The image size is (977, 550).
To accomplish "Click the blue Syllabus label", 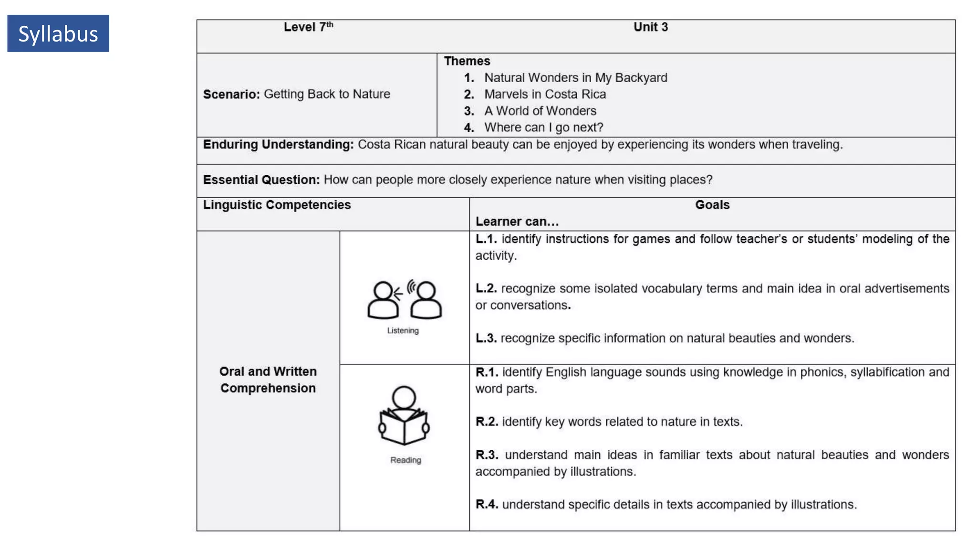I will pyautogui.click(x=58, y=33).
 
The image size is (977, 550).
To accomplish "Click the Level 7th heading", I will pyautogui.click(x=308, y=27).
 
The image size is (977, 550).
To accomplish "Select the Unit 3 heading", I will pyautogui.click(x=650, y=27).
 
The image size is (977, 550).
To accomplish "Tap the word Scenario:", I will pyautogui.click(x=231, y=94).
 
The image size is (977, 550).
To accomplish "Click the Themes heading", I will pyautogui.click(x=467, y=61).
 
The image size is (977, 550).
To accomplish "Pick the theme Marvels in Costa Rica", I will pyautogui.click(x=545, y=94).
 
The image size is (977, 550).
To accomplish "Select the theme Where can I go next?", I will pyautogui.click(x=543, y=127).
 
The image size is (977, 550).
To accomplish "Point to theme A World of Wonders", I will pyautogui.click(x=540, y=111).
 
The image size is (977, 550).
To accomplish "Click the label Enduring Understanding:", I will pyautogui.click(x=278, y=145).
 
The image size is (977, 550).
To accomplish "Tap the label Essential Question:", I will pyautogui.click(x=261, y=180).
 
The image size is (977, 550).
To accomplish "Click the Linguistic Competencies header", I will pyautogui.click(x=277, y=205).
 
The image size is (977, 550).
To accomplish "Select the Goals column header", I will pyautogui.click(x=712, y=205).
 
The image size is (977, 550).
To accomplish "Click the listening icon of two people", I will pyautogui.click(x=405, y=299).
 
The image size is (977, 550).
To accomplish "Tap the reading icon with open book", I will pyautogui.click(x=404, y=415).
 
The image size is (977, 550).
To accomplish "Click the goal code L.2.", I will pyautogui.click(x=486, y=288).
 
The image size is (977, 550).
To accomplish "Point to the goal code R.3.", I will pyautogui.click(x=487, y=455).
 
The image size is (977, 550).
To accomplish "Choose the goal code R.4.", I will pyautogui.click(x=487, y=505).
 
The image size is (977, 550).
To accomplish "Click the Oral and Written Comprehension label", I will pyautogui.click(x=268, y=380).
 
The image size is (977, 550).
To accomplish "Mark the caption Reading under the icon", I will pyautogui.click(x=405, y=460).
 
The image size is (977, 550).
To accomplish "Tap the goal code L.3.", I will pyautogui.click(x=486, y=338).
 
